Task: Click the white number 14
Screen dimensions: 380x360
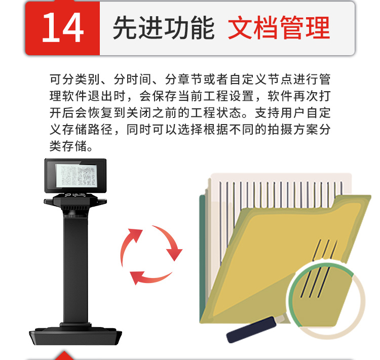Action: (x=63, y=27)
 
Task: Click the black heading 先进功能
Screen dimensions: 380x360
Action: (x=164, y=28)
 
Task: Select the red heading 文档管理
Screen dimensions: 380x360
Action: (x=279, y=28)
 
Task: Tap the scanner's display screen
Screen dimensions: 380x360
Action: (x=75, y=175)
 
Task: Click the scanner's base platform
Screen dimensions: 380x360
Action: (x=75, y=336)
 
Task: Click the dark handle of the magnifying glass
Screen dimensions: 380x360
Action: (x=251, y=330)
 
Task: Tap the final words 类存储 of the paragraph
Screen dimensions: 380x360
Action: (x=68, y=146)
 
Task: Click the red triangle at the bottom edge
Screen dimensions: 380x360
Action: (x=64, y=356)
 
